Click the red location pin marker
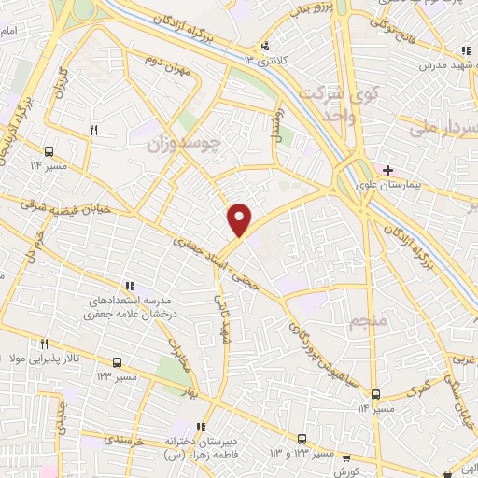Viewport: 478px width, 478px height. pos(240,218)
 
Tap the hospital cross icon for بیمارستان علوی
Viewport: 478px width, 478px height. pos(387,170)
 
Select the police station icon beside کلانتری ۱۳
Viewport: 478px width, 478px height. pos(266,46)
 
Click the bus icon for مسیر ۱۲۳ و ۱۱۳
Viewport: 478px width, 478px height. pos(302,438)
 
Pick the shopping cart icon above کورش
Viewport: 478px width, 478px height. pos(346,457)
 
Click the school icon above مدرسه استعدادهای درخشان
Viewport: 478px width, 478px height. pos(130,287)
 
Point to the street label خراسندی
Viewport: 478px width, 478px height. pos(122,438)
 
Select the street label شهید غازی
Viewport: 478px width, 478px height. pos(224,318)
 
